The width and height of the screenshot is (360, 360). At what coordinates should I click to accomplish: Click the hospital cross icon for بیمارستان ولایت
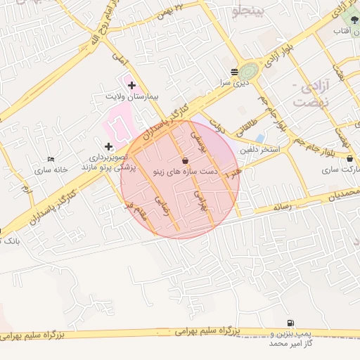click(x=131, y=85)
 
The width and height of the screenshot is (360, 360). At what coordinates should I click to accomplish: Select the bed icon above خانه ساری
click(x=49, y=160)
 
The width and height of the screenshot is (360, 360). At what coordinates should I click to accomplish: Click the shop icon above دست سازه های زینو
click(x=184, y=161)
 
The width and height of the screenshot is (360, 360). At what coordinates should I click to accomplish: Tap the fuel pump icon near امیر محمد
click(x=290, y=323)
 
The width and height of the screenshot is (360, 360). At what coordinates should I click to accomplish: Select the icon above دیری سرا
click(x=234, y=72)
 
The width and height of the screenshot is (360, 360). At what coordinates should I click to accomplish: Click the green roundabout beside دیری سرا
click(x=248, y=71)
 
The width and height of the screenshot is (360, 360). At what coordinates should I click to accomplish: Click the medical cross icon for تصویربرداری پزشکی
click(x=108, y=146)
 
